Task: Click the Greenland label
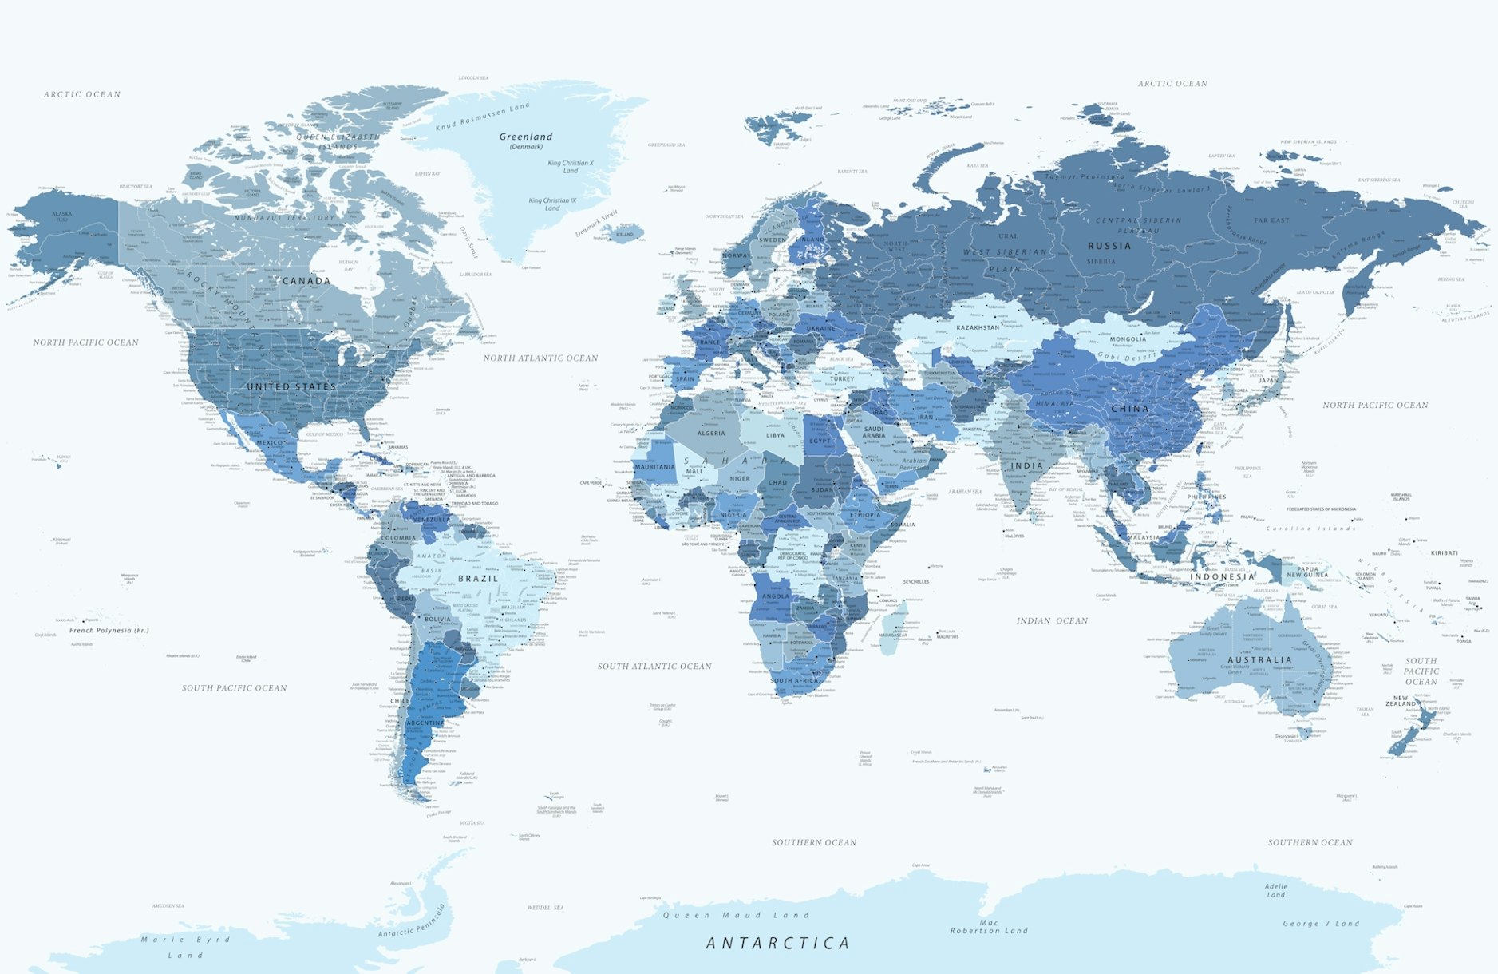pyautogui.click(x=526, y=137)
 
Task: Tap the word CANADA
pyautogui.click(x=306, y=281)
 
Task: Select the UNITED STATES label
pyautogui.click(x=291, y=386)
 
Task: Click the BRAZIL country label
pyautogui.click(x=478, y=579)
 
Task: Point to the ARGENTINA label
pyautogui.click(x=425, y=723)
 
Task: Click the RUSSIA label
pyautogui.click(x=1109, y=246)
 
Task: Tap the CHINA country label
pyautogui.click(x=1130, y=408)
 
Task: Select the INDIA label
pyautogui.click(x=1027, y=465)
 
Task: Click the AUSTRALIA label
pyautogui.click(x=1260, y=660)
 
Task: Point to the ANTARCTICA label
pyautogui.click(x=778, y=944)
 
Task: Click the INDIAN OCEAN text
pyautogui.click(x=1052, y=620)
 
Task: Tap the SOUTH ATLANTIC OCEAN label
pyautogui.click(x=654, y=666)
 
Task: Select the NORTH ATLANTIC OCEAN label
pyautogui.click(x=540, y=358)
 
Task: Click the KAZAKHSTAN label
pyautogui.click(x=978, y=327)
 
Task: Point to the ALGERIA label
pyautogui.click(x=711, y=434)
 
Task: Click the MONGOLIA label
pyautogui.click(x=1128, y=339)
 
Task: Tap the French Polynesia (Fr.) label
pyautogui.click(x=109, y=630)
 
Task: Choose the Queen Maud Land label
pyautogui.click(x=736, y=915)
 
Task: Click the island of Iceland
pyautogui.click(x=623, y=232)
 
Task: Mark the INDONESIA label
pyautogui.click(x=1223, y=576)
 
